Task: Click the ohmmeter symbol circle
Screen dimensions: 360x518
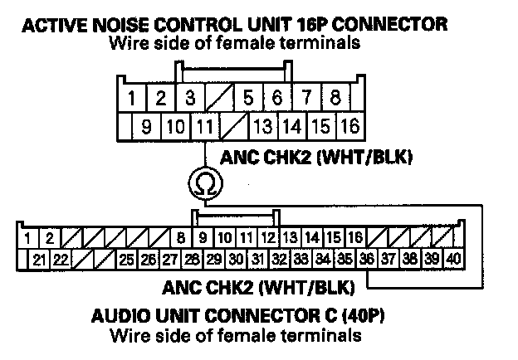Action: [203, 182]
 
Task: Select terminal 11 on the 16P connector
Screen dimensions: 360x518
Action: [203, 127]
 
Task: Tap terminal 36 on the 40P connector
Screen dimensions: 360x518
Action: [367, 258]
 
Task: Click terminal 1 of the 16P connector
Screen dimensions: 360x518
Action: [131, 98]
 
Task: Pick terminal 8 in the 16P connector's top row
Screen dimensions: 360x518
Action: [335, 98]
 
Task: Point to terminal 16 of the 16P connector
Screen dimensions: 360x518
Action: [349, 127]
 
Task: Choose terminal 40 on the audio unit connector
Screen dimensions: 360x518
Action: [452, 258]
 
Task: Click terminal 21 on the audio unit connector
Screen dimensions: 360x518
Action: [39, 258]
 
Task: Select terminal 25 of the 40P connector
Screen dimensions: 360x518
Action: [126, 258]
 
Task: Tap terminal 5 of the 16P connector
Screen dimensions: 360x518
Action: [247, 98]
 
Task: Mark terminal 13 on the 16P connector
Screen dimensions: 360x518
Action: [262, 127]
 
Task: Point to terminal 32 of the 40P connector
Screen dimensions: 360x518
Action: [280, 258]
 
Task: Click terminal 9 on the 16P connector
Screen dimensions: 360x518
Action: [145, 127]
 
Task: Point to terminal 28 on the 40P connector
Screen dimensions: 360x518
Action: [192, 258]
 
